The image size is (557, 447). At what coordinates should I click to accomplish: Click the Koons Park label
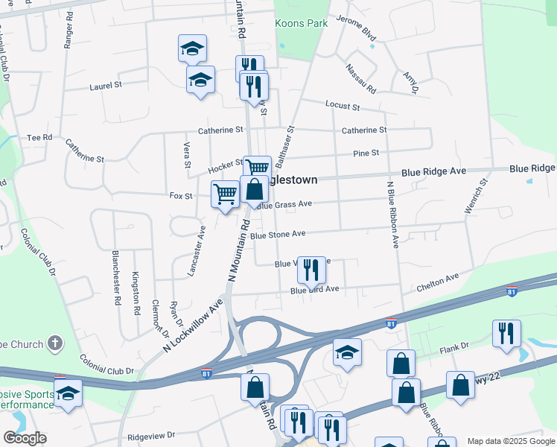tap(302, 23)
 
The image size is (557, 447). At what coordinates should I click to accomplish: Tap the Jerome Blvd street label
tap(356, 29)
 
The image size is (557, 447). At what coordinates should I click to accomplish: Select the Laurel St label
tap(106, 86)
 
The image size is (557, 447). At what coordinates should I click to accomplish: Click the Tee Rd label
tap(39, 138)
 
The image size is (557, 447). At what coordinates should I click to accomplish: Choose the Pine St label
tap(366, 153)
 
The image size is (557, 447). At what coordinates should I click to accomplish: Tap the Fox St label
tap(182, 196)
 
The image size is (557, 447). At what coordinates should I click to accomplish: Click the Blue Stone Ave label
tap(278, 234)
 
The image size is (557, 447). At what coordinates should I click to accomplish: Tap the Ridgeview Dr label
tap(150, 434)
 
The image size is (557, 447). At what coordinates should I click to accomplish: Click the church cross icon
tap(54, 343)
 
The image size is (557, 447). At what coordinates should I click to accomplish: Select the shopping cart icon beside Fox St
tap(225, 194)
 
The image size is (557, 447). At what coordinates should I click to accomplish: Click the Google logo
tap(25, 438)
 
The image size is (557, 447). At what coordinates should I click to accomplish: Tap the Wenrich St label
tap(476, 196)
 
